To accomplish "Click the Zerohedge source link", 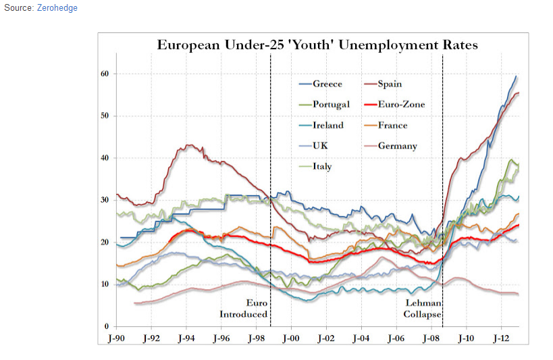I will tap(57, 8).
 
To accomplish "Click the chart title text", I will tap(317, 46).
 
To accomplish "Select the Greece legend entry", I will tap(327, 84).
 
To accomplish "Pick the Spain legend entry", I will tap(390, 84).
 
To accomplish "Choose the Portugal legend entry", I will tap(331, 105).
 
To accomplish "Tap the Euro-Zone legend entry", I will tap(401, 105).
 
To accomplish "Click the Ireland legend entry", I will tap(328, 125).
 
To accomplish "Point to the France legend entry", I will tap(392, 125).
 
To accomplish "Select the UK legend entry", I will tap(321, 146).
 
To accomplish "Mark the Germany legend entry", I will tap(397, 146).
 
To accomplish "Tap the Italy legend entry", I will tap(322, 166).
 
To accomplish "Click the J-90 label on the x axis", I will tap(117, 338).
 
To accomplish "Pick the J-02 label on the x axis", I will tap(325, 338).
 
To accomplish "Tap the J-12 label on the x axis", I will tap(500, 338).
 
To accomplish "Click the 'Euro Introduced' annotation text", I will tap(244, 309).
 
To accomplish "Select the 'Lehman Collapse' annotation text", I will tap(423, 309).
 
